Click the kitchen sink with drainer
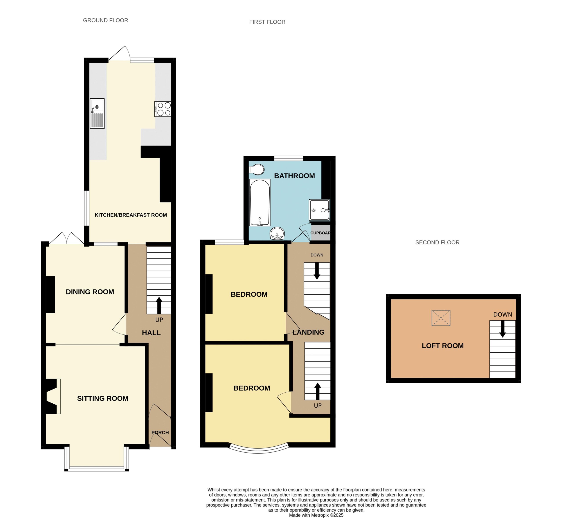97,114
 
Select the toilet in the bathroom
257,170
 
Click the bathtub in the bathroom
260,203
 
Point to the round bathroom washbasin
277,233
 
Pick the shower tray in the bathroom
319,210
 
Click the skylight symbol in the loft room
441,318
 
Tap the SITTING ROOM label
103,398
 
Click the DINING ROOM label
90,292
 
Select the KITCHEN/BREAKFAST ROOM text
131,215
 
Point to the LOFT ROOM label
443,346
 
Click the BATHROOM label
294,176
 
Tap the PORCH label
160,433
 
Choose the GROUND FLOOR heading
106,20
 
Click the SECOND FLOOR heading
437,242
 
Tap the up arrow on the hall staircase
159,305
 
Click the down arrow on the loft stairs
503,329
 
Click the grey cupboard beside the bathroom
321,233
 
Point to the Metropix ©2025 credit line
316,515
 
